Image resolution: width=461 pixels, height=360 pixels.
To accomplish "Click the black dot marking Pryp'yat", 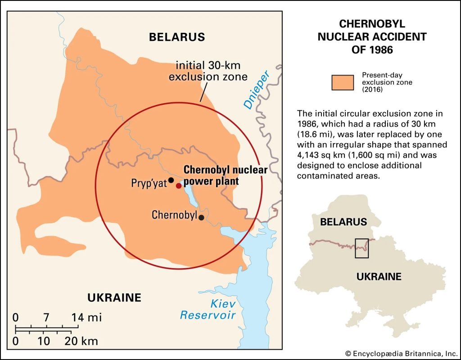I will click(171, 180).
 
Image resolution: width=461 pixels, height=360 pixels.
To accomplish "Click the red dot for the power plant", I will click(178, 185).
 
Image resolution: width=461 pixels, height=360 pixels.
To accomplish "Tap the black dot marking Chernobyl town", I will click(202, 217).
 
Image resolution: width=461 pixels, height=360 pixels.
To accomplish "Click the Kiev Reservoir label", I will click(208, 310).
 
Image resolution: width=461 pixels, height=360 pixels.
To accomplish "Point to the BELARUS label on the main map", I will click(177, 37).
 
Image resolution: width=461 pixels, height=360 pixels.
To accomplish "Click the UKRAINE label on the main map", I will click(114, 297).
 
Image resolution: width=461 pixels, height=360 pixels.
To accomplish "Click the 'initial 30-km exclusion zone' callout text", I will click(208, 70).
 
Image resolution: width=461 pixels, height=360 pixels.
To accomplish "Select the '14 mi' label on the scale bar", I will click(87, 317).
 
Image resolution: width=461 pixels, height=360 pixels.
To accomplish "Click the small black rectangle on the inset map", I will click(362, 248).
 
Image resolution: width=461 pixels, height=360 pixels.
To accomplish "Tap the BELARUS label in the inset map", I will click(343, 222).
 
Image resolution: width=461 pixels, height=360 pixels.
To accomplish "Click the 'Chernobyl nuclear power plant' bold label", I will click(225, 175).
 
